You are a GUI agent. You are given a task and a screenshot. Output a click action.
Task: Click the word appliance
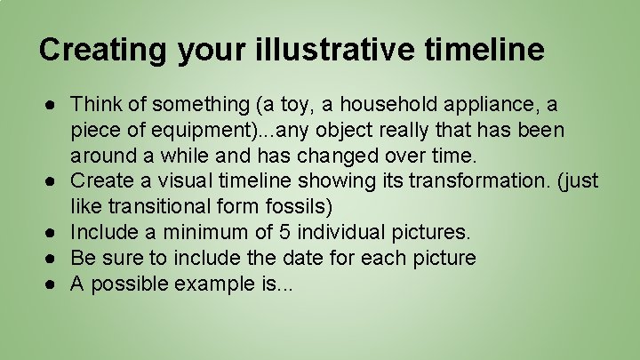[496, 105]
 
